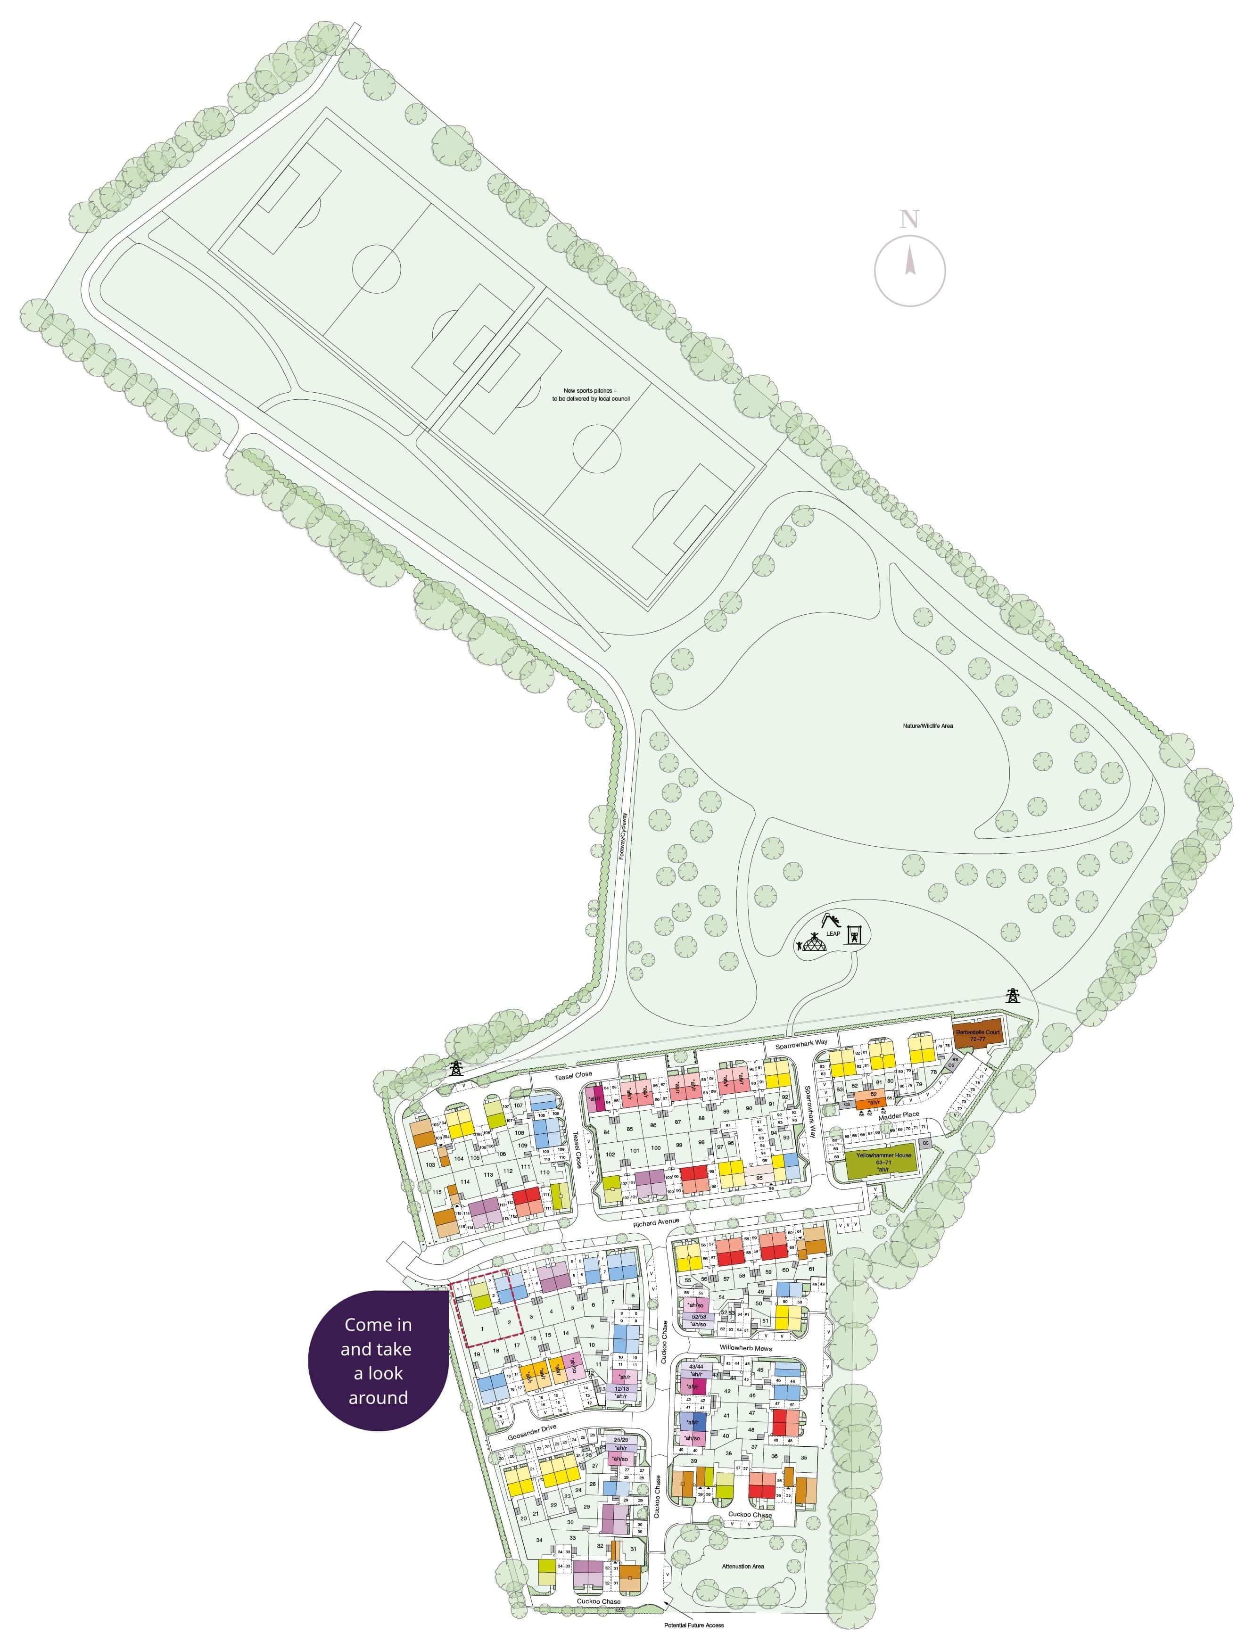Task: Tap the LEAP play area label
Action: tap(833, 933)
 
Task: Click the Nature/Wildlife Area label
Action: tap(926, 726)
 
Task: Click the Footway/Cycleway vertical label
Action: tap(622, 837)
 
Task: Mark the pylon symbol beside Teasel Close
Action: tap(454, 1068)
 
